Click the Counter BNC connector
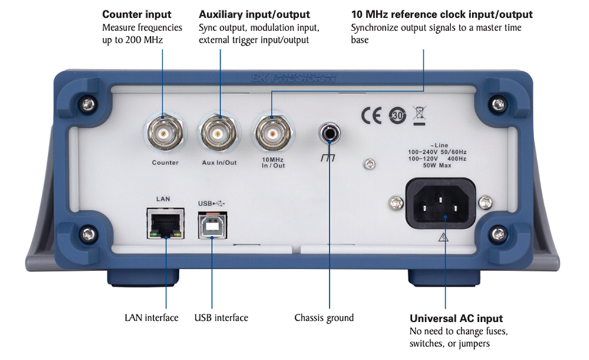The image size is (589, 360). pyautogui.click(x=164, y=135)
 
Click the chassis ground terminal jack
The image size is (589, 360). pyautogui.click(x=329, y=135)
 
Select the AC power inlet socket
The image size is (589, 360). pyautogui.click(x=439, y=202)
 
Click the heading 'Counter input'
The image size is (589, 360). pyautogui.click(x=137, y=14)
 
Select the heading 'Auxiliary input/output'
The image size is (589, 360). pyautogui.click(x=254, y=14)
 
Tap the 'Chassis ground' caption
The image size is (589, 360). pyautogui.click(x=324, y=318)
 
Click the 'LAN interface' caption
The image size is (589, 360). pyautogui.click(x=151, y=318)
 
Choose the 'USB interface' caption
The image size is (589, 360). pyautogui.click(x=221, y=318)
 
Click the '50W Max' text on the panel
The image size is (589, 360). pyautogui.click(x=438, y=166)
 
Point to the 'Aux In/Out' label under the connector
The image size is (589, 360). pyautogui.click(x=218, y=163)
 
